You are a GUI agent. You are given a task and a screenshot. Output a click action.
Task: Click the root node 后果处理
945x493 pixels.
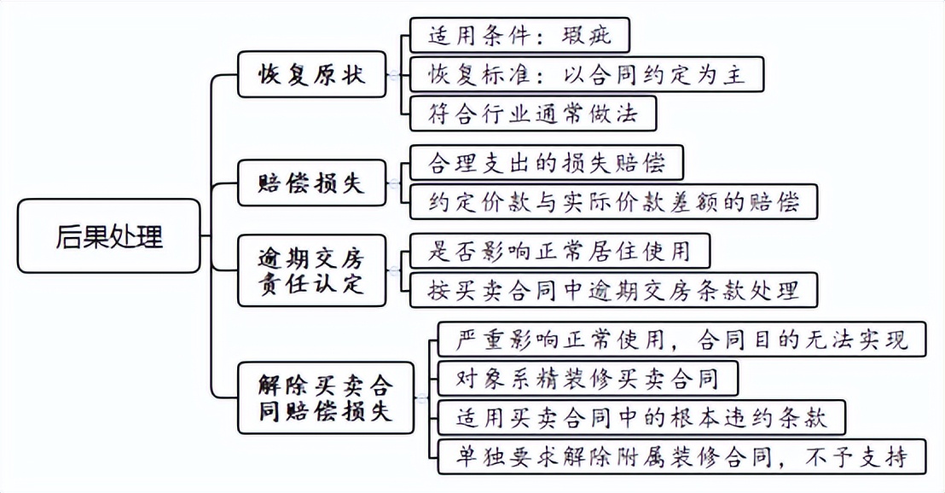pyautogui.click(x=109, y=236)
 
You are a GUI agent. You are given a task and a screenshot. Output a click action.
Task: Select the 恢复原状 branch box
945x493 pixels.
pyautogui.click(x=311, y=74)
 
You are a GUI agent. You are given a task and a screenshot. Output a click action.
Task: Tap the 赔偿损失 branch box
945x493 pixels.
pyautogui.click(x=311, y=182)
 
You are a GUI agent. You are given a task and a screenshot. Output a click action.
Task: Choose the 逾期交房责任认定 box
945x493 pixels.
pyautogui.click(x=311, y=270)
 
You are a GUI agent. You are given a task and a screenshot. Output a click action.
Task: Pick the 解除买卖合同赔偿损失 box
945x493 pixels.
pyautogui.click(x=325, y=398)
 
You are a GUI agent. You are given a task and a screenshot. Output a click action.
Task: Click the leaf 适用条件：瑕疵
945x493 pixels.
pyautogui.click(x=519, y=36)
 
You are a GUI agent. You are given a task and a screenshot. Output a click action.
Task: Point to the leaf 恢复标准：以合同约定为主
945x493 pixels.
pyautogui.click(x=586, y=74)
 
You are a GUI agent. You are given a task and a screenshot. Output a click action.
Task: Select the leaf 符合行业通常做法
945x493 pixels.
pyautogui.click(x=534, y=113)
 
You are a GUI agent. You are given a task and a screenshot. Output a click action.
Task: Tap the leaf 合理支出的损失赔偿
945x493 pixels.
pyautogui.click(x=547, y=163)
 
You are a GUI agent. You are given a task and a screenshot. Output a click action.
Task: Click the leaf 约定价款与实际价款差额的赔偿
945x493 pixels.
pyautogui.click(x=613, y=201)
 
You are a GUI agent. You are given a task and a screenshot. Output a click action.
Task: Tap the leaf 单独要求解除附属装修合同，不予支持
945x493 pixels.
pyautogui.click(x=680, y=455)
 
